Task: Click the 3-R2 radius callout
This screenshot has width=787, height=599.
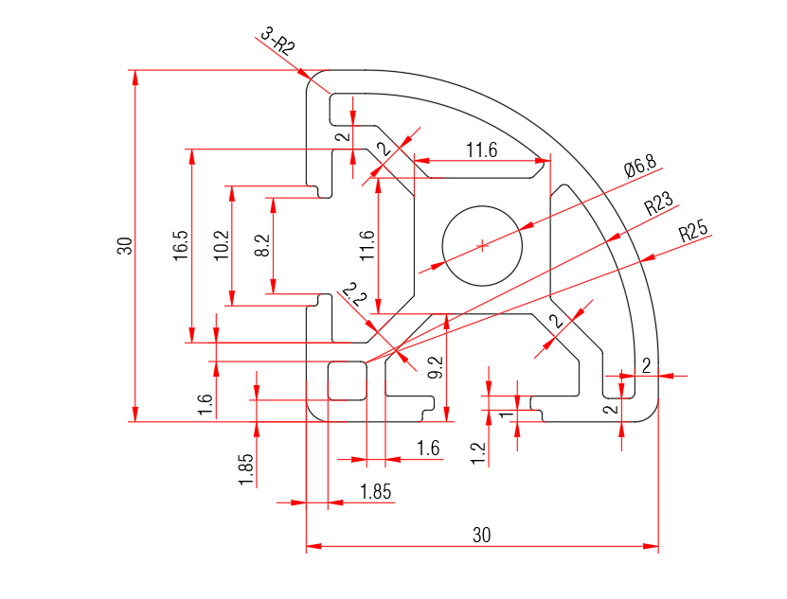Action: pos(278,42)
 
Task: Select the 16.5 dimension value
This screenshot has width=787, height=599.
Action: pos(181,245)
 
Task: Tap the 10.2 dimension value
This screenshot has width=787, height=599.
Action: pos(222,246)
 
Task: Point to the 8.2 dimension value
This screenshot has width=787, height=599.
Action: pos(263,246)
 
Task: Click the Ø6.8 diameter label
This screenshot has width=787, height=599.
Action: pos(640,167)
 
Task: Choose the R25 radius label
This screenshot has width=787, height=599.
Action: pos(693,233)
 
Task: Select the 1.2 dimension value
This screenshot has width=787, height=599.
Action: pos(477,453)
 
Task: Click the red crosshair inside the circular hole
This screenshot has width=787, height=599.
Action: pos(482,246)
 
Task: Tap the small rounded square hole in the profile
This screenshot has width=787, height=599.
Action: pos(347,380)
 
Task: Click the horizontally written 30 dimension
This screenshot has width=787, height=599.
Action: pos(481,536)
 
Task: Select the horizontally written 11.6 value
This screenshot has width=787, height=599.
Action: pos(481,150)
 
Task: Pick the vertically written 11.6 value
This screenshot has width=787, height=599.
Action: pos(367,245)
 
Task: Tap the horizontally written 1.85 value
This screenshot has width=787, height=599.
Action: pos(376,491)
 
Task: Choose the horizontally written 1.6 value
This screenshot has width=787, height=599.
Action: pos(429,449)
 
